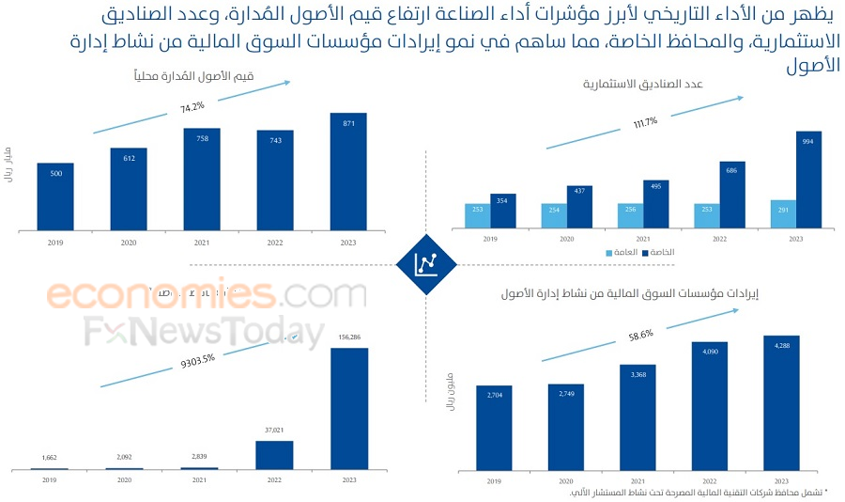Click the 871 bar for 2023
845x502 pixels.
click(x=348, y=171)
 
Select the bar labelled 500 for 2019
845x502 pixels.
click(x=55, y=196)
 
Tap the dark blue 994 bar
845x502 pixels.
click(x=808, y=180)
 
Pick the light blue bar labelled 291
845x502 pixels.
click(x=782, y=214)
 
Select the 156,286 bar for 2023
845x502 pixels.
click(x=348, y=408)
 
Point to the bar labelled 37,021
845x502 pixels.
click(x=275, y=455)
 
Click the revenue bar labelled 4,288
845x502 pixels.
click(x=781, y=402)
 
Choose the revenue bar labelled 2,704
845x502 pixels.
click(x=494, y=428)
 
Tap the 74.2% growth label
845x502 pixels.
click(x=192, y=107)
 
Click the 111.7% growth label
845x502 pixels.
click(x=645, y=122)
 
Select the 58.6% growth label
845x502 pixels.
click(x=641, y=334)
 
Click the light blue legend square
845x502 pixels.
click(x=608, y=252)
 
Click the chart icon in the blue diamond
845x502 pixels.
click(x=425, y=264)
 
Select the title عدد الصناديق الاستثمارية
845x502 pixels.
click(x=643, y=85)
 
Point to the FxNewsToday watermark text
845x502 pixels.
click(x=203, y=334)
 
